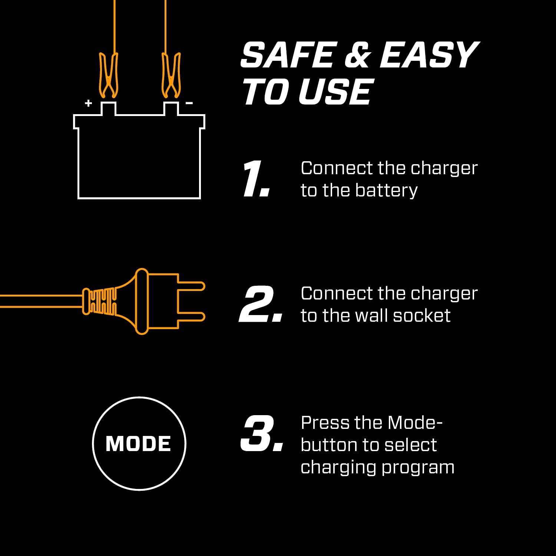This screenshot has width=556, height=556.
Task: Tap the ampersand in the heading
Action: point(357,56)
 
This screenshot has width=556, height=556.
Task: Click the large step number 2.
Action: point(259,304)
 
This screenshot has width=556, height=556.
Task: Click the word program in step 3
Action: point(418,467)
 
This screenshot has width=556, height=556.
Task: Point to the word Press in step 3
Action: point(325,423)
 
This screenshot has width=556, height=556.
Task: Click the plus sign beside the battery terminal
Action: point(88,103)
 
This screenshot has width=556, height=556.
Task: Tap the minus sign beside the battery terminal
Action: point(189,103)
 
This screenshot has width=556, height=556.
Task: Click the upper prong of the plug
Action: point(191,286)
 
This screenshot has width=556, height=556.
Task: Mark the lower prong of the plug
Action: point(191,317)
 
